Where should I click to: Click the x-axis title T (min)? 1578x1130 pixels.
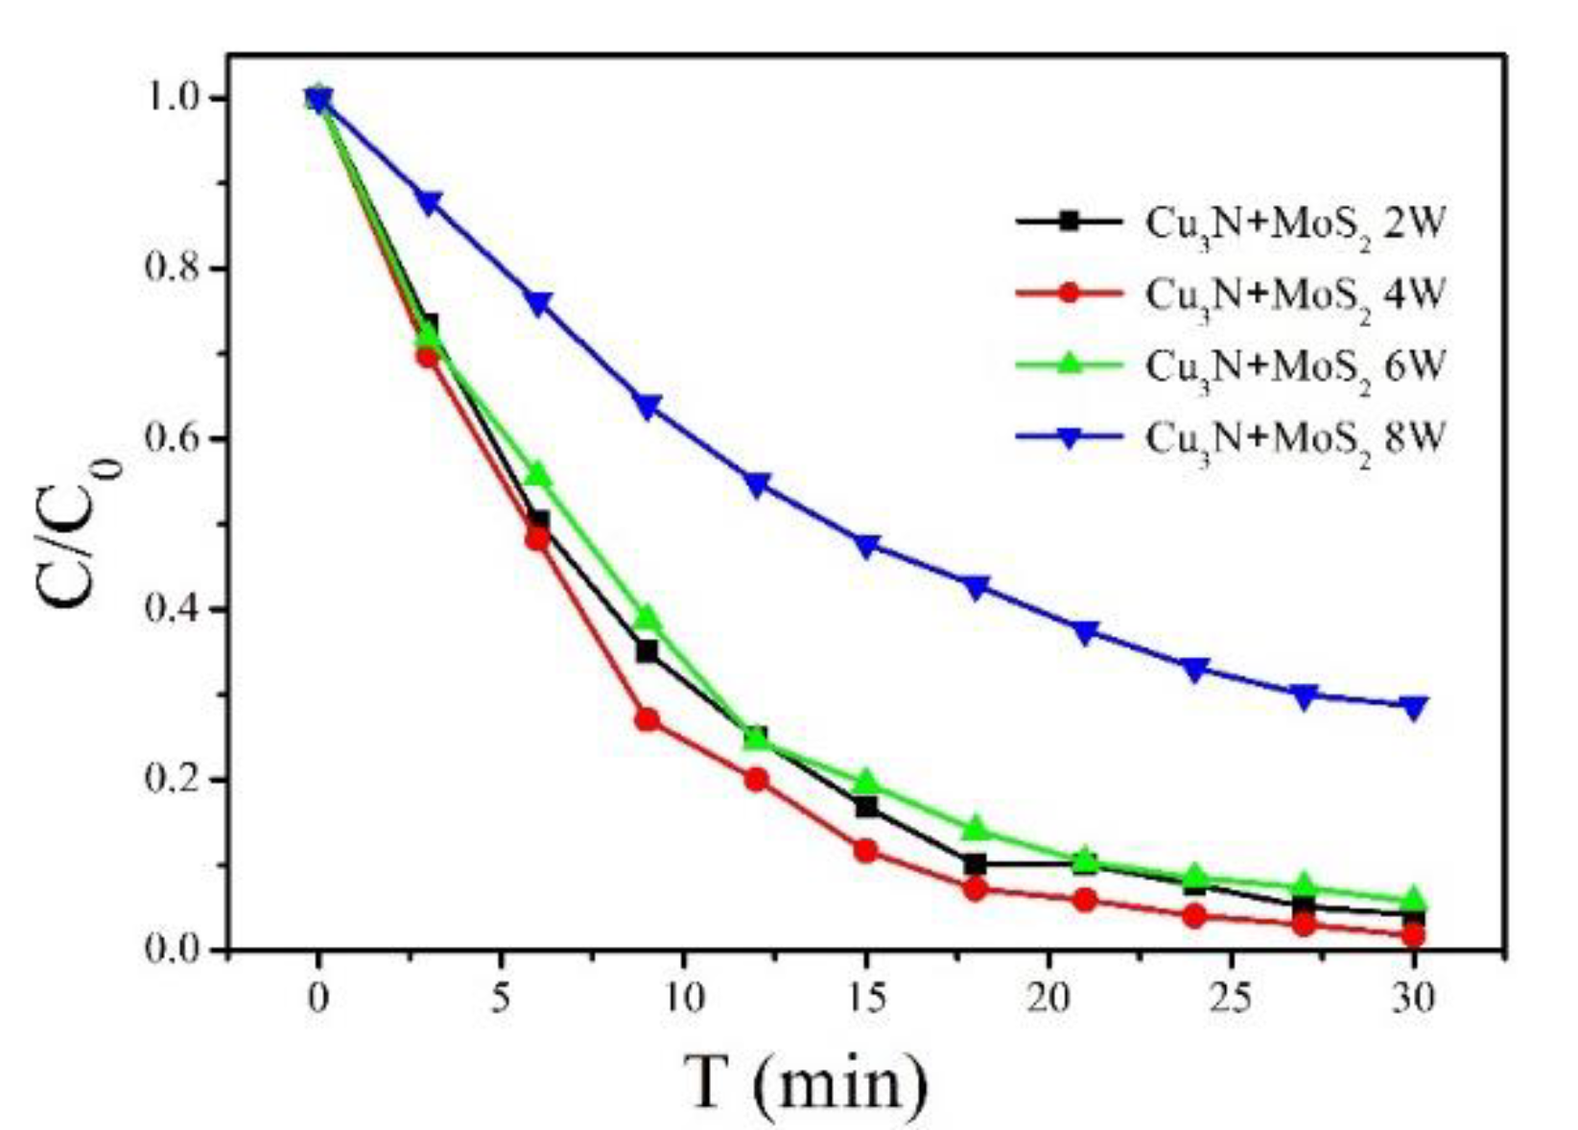(x=806, y=1081)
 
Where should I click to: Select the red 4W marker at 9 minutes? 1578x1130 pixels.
(x=648, y=719)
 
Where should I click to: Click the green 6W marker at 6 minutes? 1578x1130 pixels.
(x=538, y=474)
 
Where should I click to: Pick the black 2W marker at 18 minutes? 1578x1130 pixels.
(x=976, y=864)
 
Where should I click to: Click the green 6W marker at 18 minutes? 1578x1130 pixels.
(x=976, y=828)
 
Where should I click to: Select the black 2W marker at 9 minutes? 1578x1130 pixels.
(x=648, y=652)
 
